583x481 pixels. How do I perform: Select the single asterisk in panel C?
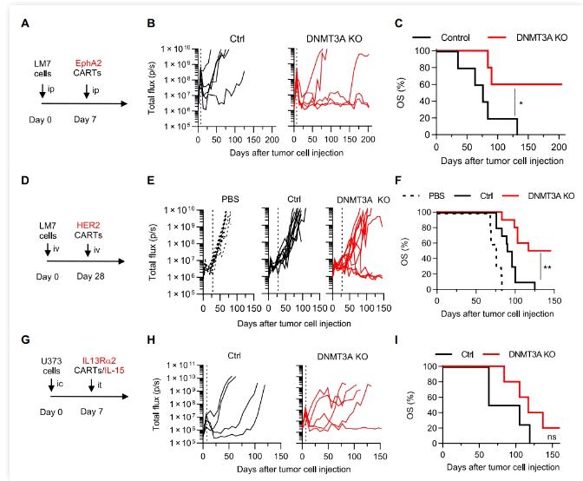coord(521,104)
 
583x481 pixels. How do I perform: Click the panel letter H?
coord(152,354)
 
